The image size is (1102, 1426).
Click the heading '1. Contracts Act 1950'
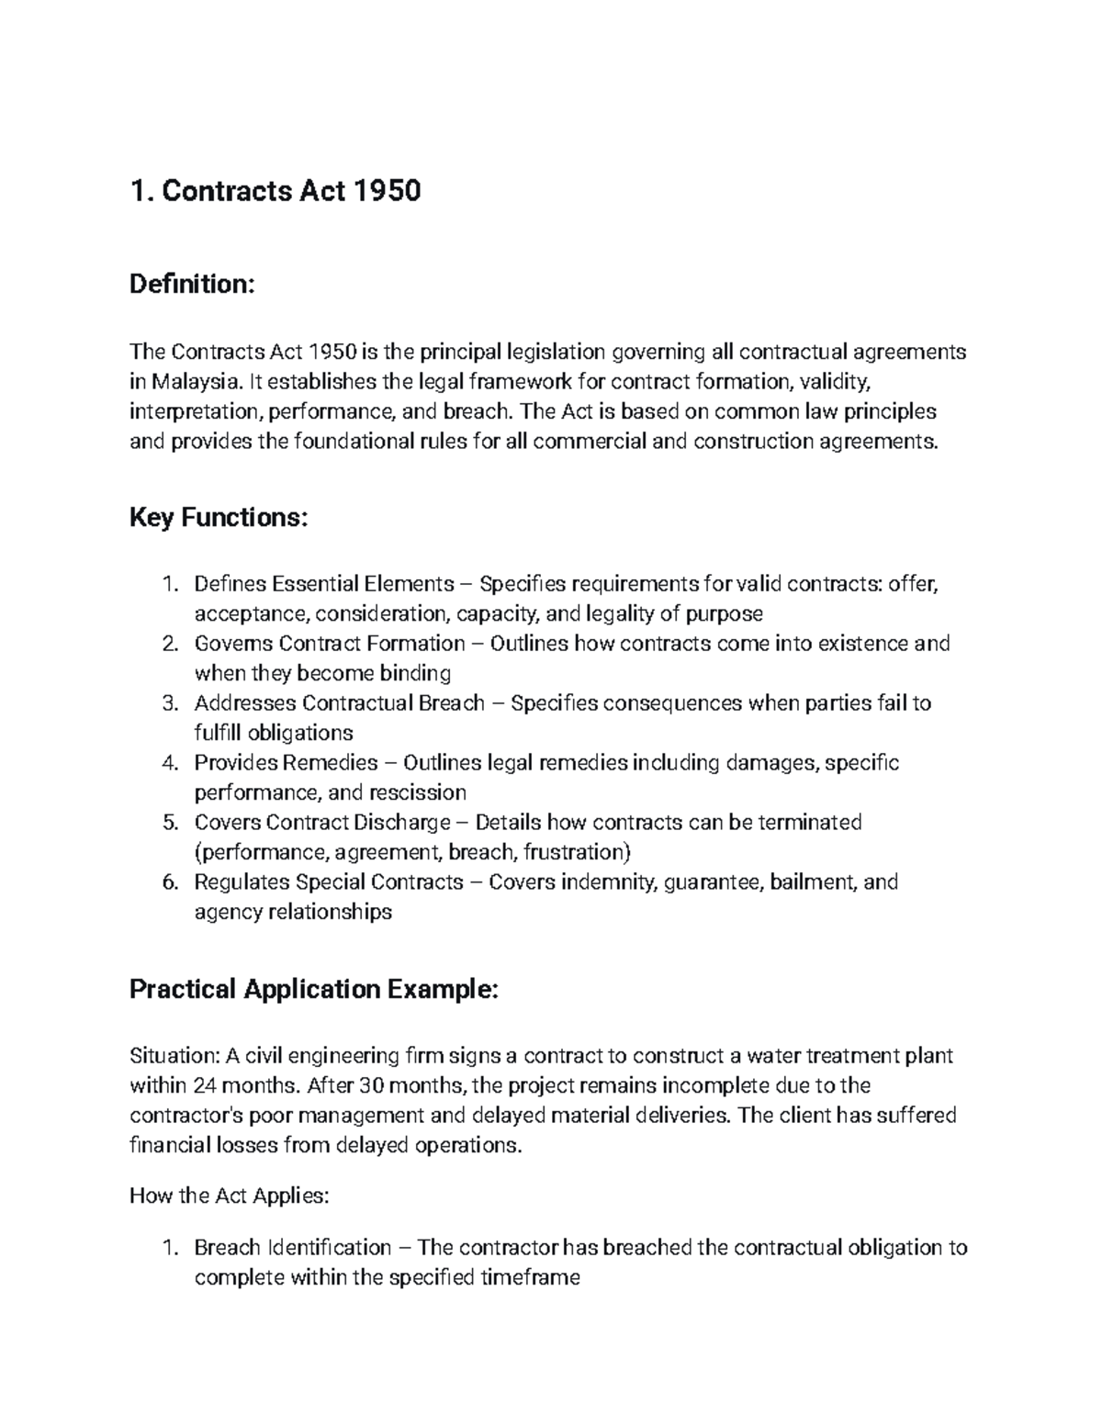click(275, 191)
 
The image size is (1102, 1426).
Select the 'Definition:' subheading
click(191, 285)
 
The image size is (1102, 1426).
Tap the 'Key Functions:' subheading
click(219, 518)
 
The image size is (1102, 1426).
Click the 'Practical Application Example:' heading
click(314, 989)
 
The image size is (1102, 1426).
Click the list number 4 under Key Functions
click(168, 763)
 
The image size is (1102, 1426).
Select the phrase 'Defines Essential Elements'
click(323, 584)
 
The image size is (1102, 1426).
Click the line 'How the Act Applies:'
click(229, 1196)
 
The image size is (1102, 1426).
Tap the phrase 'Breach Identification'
click(292, 1248)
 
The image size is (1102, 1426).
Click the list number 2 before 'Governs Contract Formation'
click(168, 644)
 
